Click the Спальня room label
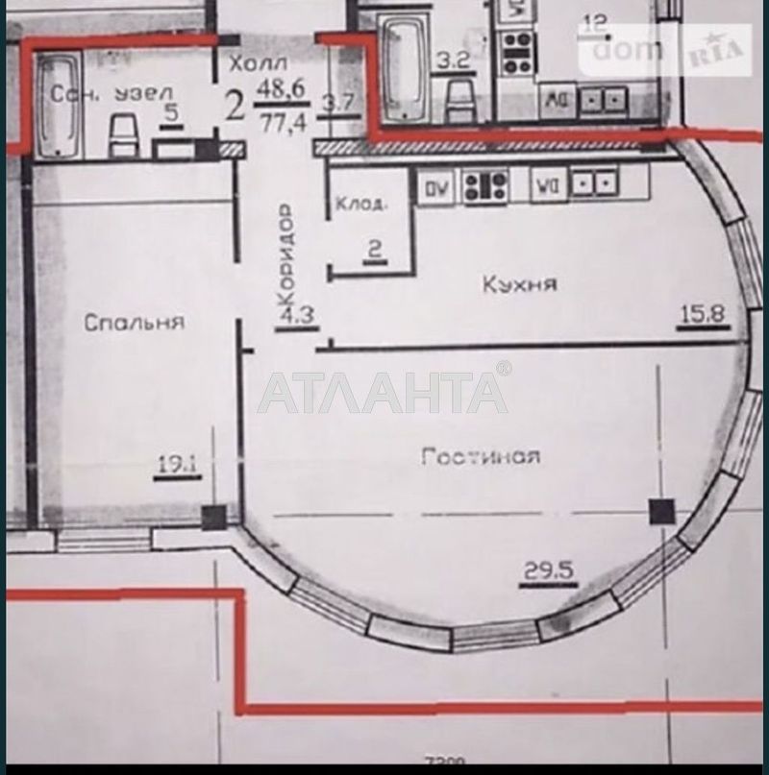[134, 323]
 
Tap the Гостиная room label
[480, 457]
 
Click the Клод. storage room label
[361, 204]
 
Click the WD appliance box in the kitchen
[547, 186]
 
